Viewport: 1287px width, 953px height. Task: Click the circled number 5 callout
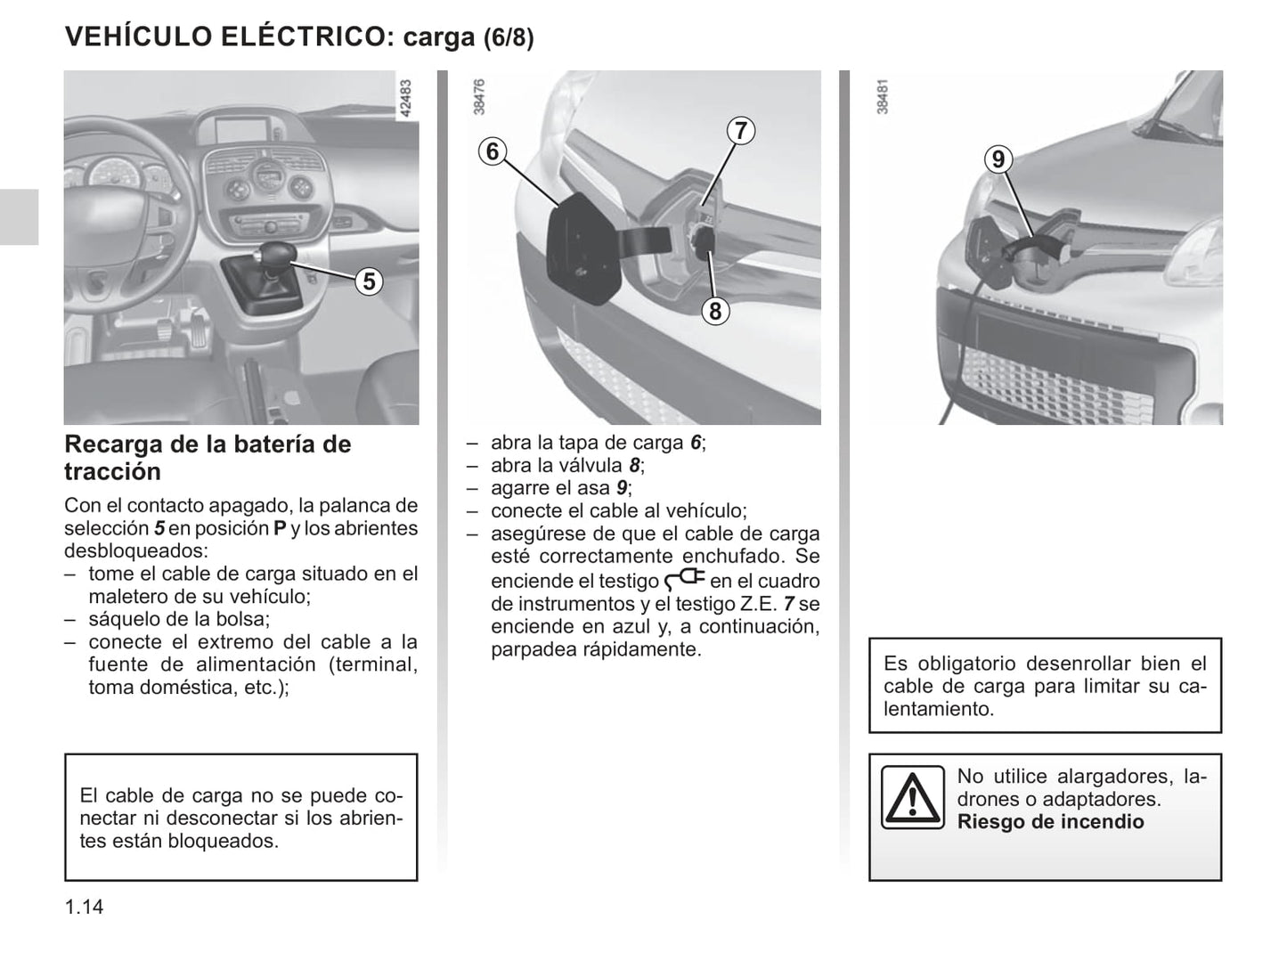369,281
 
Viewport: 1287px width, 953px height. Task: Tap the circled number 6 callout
492,151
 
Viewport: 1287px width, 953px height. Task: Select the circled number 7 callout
741,130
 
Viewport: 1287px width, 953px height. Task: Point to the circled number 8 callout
715,311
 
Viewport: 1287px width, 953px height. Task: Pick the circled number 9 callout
998,159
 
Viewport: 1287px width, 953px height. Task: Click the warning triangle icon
913,797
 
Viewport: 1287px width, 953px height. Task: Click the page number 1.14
84,907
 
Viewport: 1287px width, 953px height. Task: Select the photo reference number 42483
405,98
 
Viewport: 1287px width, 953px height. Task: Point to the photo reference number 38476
478,97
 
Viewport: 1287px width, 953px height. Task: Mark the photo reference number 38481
882,97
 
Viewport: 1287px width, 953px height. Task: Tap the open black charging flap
583,248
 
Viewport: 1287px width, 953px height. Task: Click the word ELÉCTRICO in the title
300,37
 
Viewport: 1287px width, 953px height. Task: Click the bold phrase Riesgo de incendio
1050,822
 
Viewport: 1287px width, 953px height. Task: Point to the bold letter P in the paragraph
281,529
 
